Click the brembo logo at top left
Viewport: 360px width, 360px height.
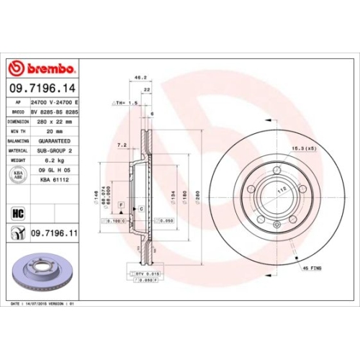(41, 69)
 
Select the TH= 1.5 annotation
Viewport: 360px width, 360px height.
(127, 103)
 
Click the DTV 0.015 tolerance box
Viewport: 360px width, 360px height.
(147, 274)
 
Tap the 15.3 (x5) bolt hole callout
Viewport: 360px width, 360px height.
(302, 148)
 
